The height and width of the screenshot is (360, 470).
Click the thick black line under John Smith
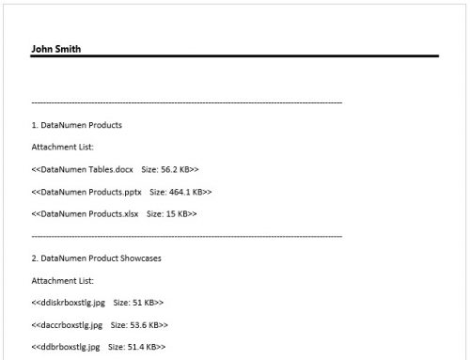(x=235, y=56)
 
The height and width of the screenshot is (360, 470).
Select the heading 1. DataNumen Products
(x=76, y=124)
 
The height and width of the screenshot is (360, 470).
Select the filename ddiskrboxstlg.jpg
(x=70, y=303)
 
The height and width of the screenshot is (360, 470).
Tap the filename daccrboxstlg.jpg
(x=70, y=325)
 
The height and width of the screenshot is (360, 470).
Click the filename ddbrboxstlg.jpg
(x=68, y=347)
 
